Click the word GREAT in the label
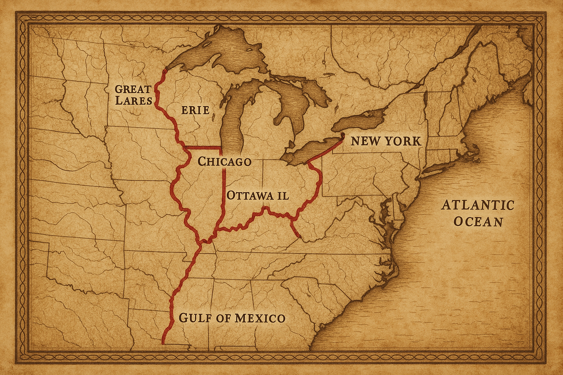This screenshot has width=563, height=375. click(133, 89)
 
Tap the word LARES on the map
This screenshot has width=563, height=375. click(133, 101)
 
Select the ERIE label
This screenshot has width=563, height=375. click(195, 109)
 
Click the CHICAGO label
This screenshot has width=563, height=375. click(224, 161)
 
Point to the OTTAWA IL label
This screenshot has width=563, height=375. click(257, 195)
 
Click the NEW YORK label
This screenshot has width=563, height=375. click(386, 141)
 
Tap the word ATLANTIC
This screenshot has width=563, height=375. click(478, 205)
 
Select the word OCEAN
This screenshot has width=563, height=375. click(478, 222)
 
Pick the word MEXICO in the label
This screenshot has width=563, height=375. click(260, 318)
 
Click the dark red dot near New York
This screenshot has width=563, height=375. click(343, 136)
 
